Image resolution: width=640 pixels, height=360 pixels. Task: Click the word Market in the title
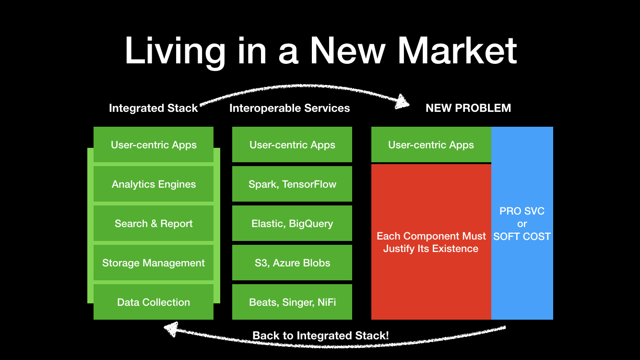coord(457,50)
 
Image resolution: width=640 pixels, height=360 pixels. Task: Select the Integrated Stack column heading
coord(153,108)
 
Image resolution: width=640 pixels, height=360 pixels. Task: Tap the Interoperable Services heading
coord(289,108)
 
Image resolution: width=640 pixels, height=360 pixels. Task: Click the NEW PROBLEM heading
coord(468,108)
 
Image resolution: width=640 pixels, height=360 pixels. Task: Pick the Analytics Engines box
coord(154,184)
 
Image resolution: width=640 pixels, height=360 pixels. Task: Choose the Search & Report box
coord(154,224)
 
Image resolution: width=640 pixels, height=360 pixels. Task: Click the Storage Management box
coord(154,263)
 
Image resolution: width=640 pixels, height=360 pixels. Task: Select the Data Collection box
coord(154,302)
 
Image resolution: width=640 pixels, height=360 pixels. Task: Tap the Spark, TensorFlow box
coord(292,184)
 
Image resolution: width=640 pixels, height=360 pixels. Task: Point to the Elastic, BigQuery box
coord(292,224)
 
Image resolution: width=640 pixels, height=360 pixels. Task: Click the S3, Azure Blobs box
coord(292,263)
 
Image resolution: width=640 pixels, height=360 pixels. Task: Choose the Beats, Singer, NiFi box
coord(292,302)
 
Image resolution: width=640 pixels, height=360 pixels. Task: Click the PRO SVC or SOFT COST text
coord(522,224)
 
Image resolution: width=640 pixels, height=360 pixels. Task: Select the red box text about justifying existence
coord(431,242)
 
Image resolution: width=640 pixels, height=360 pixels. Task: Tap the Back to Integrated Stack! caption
coord(320,336)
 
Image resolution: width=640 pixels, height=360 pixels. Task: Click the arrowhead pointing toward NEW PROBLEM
coord(403,101)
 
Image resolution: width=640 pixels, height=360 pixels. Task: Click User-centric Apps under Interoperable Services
coord(292,145)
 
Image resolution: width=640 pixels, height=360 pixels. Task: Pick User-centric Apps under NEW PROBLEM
coord(431,145)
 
